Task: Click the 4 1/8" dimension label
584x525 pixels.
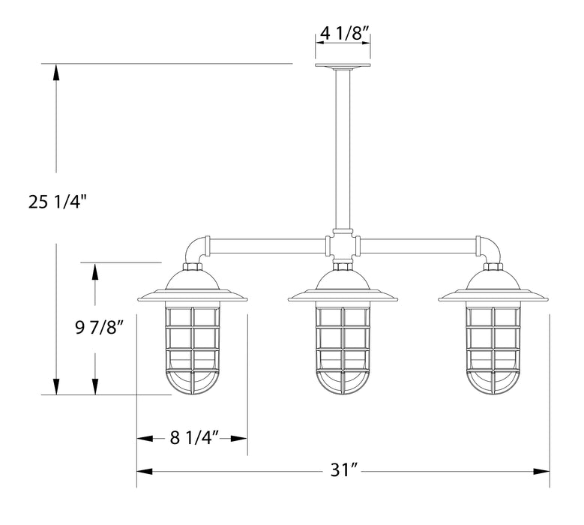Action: (x=343, y=33)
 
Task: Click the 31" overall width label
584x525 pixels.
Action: (x=343, y=471)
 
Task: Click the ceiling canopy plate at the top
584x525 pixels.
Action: (x=343, y=67)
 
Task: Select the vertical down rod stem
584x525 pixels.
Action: (x=343, y=150)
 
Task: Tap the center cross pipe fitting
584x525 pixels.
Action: (x=343, y=244)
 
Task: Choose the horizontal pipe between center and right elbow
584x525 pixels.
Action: (x=418, y=244)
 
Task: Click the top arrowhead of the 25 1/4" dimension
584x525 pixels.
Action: (x=56, y=72)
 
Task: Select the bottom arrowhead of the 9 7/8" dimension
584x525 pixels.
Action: (x=94, y=387)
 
